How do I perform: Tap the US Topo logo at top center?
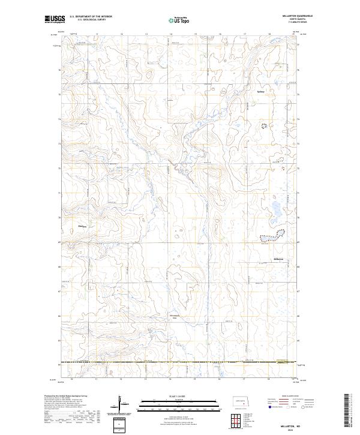(179, 19)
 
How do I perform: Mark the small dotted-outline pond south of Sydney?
(264, 125)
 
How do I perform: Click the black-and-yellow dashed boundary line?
(180, 362)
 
